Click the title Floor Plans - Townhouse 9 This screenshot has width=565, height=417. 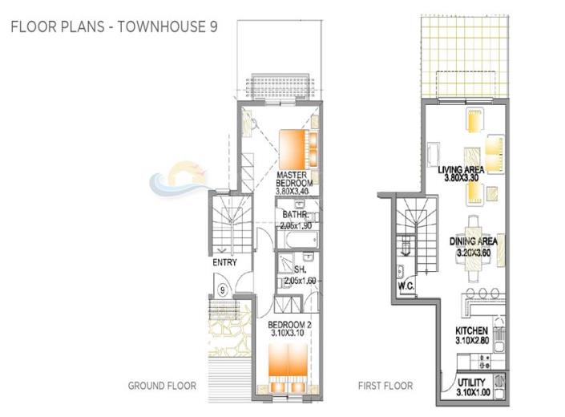(114, 26)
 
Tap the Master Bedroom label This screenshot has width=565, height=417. (294, 180)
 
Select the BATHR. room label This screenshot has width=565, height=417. (294, 215)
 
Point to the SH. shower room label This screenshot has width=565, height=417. (301, 270)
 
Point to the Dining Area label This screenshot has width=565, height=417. (474, 241)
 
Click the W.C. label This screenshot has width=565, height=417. (404, 286)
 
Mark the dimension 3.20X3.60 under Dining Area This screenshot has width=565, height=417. (474, 253)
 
